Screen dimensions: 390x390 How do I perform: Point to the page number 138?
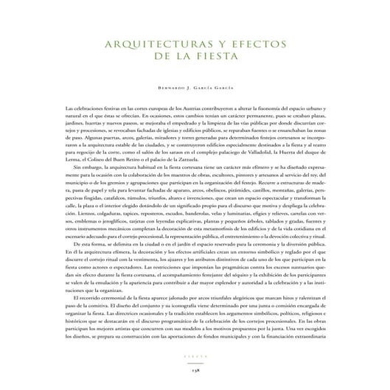tap(195, 374)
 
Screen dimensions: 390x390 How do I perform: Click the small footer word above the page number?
tap(195, 363)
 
